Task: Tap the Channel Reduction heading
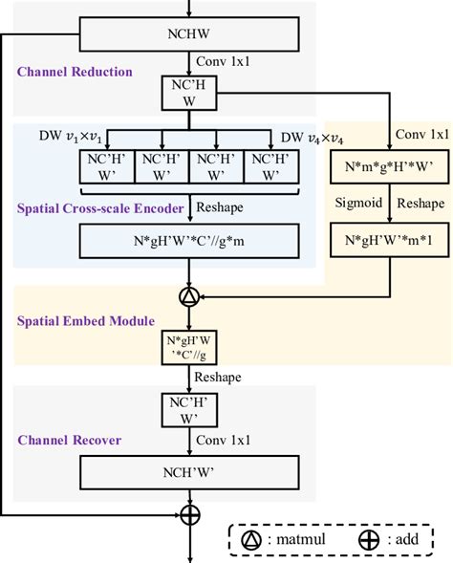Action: pos(75,72)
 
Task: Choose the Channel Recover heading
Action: pos(71,441)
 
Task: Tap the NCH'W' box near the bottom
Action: pos(195,471)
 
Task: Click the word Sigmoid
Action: pos(357,204)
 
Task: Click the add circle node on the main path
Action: pos(190,515)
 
